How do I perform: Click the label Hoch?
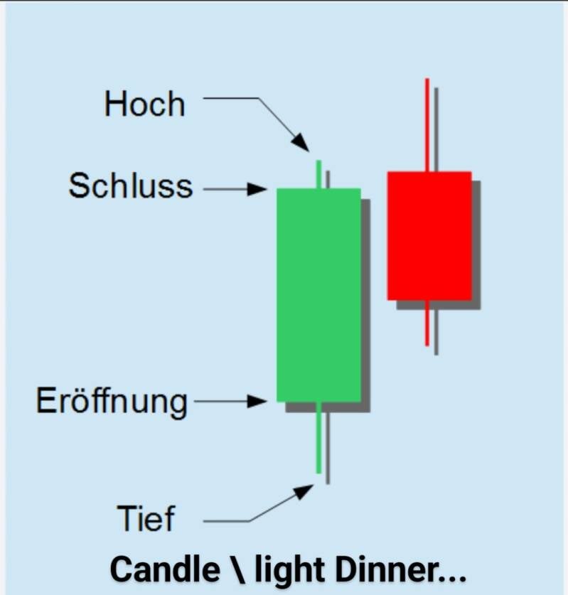click(x=144, y=104)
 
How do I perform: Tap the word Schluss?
click(x=131, y=186)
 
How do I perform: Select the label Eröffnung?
click(x=112, y=402)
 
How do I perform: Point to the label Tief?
click(x=146, y=518)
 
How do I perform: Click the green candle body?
click(x=318, y=295)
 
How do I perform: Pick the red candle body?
click(x=429, y=235)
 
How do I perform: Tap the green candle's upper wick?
click(x=318, y=174)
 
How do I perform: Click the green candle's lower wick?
click(x=318, y=437)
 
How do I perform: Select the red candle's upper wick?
click(x=427, y=125)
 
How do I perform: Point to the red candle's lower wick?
click(x=427, y=323)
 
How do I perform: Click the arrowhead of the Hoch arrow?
click(x=301, y=143)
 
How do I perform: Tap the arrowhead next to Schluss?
click(x=257, y=188)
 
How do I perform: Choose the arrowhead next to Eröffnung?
click(x=257, y=401)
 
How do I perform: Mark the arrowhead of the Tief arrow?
click(x=304, y=491)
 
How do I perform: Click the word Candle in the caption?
click(x=165, y=570)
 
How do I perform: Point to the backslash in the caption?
click(x=237, y=570)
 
